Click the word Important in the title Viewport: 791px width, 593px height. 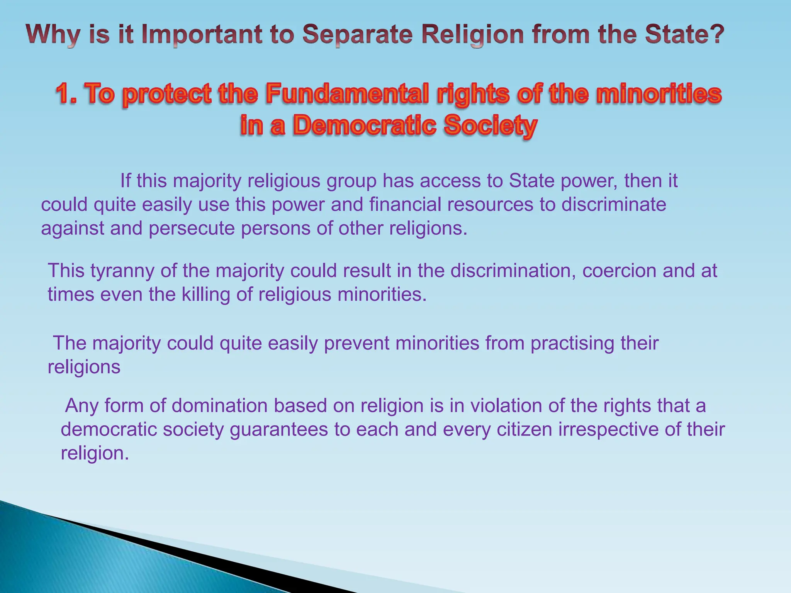coord(201,35)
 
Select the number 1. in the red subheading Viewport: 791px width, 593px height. coord(68,94)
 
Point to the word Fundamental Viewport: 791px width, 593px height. coord(347,94)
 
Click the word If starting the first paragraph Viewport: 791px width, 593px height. coord(125,181)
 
